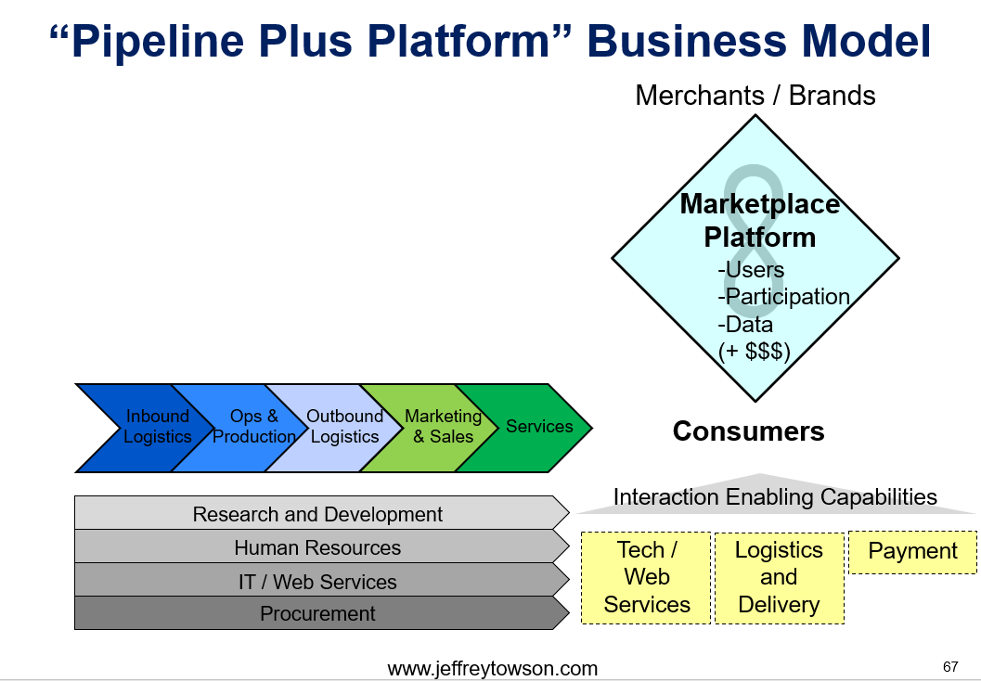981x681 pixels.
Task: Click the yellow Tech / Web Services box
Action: (x=646, y=578)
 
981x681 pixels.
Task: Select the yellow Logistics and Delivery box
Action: (x=779, y=578)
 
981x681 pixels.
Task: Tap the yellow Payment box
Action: (x=913, y=552)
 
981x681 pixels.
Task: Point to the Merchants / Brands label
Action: (x=755, y=96)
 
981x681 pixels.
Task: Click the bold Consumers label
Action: (x=749, y=431)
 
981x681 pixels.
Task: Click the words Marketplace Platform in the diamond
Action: (x=759, y=221)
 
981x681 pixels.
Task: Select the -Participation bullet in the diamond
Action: (x=784, y=296)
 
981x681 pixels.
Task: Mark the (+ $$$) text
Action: (x=755, y=351)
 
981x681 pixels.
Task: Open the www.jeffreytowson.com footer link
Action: (x=493, y=669)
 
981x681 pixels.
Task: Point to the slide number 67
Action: (x=950, y=666)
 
